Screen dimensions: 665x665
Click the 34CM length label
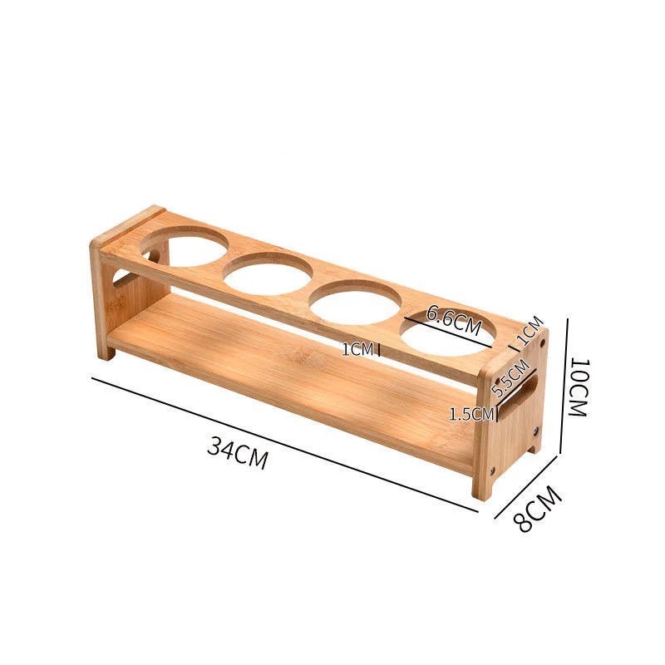coord(238,454)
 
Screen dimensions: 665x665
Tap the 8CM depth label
coord(538,509)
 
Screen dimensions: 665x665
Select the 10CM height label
coord(578,387)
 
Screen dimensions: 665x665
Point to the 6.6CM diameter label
coord(454,320)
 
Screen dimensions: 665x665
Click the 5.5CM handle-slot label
coord(510,377)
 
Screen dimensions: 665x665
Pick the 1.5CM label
coord(471,414)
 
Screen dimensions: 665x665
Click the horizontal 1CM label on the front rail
coord(358,349)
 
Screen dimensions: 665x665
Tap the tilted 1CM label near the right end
coord(530,331)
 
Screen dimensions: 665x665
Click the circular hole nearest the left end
coord(184,247)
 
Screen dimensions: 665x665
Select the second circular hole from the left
coord(268,274)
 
